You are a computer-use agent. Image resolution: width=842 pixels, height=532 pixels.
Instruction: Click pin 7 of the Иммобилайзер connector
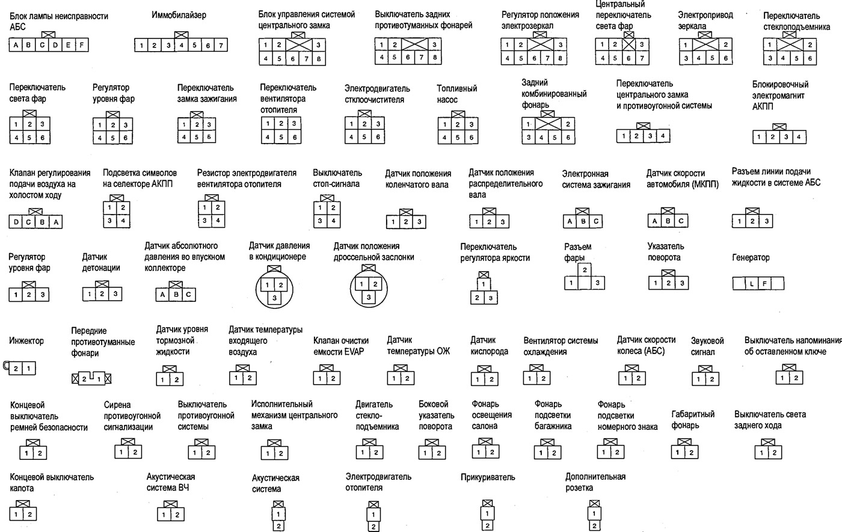(x=221, y=46)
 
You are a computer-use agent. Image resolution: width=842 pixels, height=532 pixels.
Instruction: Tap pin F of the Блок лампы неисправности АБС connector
(x=82, y=45)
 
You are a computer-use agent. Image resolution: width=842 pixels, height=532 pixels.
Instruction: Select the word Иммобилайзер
(x=179, y=15)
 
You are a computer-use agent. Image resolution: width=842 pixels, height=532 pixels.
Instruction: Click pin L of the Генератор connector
(x=752, y=284)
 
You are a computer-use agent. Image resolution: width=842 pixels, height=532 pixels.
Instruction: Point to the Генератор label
(x=751, y=258)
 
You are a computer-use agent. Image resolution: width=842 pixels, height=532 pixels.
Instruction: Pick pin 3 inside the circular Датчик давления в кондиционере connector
(x=274, y=298)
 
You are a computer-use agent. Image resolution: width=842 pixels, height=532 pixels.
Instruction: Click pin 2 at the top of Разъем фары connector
(x=585, y=270)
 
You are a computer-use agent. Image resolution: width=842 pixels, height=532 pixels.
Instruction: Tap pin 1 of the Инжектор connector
(x=29, y=368)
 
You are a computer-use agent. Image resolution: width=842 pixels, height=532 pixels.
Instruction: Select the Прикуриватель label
(x=488, y=477)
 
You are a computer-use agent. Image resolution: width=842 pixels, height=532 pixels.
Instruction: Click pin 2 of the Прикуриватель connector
(x=487, y=525)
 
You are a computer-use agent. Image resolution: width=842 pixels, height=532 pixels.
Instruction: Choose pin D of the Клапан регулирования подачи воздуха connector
(x=16, y=222)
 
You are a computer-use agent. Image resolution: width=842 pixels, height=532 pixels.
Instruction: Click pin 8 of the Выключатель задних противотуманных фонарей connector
(x=435, y=58)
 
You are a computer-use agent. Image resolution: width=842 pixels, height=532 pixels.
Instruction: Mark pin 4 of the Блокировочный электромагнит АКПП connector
(x=799, y=137)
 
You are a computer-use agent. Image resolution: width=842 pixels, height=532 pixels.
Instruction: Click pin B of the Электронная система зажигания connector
(x=583, y=221)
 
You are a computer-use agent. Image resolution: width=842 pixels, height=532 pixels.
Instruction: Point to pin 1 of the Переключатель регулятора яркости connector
(x=484, y=284)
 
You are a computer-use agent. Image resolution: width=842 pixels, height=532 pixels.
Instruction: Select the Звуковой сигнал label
(x=707, y=346)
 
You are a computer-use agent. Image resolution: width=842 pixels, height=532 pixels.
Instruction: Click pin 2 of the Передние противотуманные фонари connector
(x=84, y=379)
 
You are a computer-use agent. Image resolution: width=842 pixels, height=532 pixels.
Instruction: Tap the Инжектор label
(x=26, y=341)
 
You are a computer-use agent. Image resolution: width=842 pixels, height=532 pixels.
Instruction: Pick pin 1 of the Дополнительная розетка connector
(x=594, y=513)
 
